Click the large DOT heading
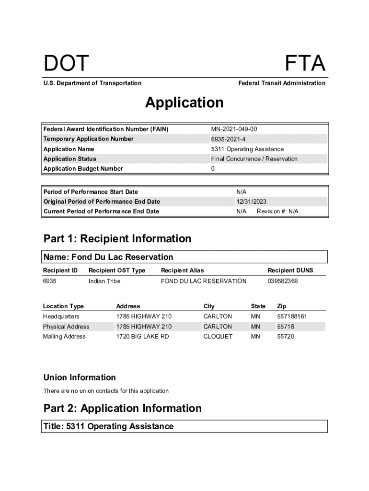tap(66, 64)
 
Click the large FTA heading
tap(305, 64)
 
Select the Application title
tap(184, 103)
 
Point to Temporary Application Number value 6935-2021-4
tap(229, 139)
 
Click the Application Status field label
tap(70, 159)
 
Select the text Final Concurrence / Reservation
tap(254, 159)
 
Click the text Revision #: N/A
tap(277, 211)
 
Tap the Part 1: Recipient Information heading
tap(117, 239)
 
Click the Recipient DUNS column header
tap(290, 270)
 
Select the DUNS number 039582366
tap(282, 281)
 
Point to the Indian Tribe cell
tap(104, 281)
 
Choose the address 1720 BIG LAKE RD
tap(142, 337)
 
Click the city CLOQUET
tap(218, 337)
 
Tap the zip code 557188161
tap(292, 316)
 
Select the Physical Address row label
tap(66, 327)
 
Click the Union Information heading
tap(80, 377)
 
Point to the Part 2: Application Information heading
tap(122, 409)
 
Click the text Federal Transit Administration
tap(281, 83)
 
